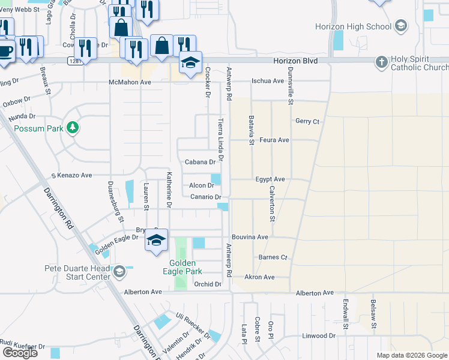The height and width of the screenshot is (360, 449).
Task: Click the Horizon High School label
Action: (354, 26)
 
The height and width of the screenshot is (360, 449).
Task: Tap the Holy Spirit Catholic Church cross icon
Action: (381, 62)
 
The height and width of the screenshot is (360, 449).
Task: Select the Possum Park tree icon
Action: (72, 128)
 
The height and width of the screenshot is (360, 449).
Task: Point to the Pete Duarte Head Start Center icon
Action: (119, 272)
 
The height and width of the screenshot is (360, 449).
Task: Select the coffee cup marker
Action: (5, 50)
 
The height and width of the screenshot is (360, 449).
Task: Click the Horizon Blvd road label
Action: (295, 61)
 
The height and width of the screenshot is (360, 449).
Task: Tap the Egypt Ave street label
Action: (270, 179)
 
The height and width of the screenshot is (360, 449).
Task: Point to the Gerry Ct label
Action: (307, 121)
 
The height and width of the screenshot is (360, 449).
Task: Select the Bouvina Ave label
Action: (250, 237)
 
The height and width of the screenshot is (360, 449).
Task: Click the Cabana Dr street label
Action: (200, 162)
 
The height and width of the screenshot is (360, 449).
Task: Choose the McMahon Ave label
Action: (130, 82)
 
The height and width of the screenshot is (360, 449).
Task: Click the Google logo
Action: (20, 353)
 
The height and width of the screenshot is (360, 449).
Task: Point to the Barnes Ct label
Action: (273, 257)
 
